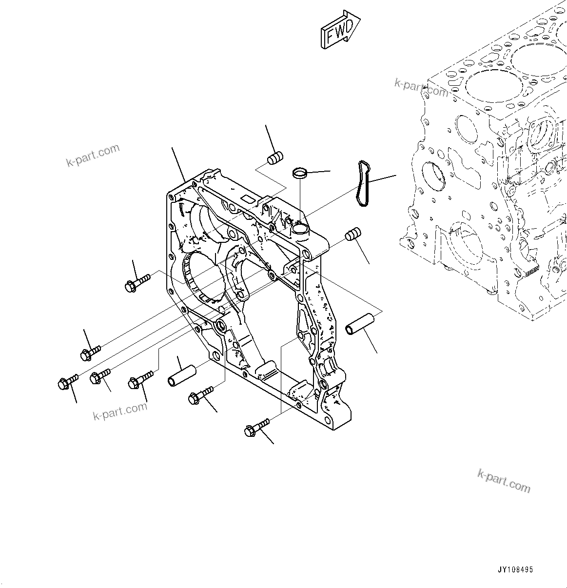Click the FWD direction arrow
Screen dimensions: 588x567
point(340,30)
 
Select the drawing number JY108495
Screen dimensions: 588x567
point(515,569)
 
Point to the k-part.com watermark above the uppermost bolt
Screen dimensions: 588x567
point(93,155)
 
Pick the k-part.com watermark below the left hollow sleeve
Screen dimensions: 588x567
point(120,411)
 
